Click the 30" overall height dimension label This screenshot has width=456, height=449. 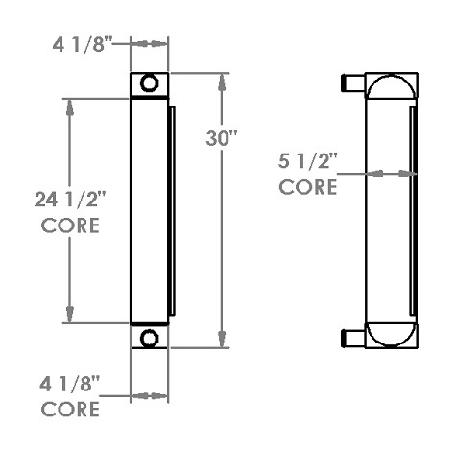pyautogui.click(x=222, y=138)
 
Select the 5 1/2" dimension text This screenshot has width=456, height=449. pyautogui.click(x=307, y=161)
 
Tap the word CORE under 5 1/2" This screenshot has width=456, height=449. pyautogui.click(x=307, y=186)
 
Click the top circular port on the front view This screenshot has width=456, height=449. pyautogui.click(x=149, y=83)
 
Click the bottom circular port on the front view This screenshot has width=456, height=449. pyautogui.click(x=149, y=338)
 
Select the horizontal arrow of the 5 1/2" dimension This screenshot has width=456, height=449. pyautogui.click(x=389, y=174)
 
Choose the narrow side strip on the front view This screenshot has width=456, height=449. pyautogui.click(x=172, y=211)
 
